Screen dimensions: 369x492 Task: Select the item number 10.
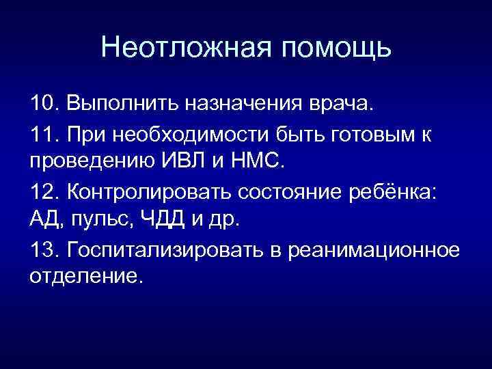tap(42, 105)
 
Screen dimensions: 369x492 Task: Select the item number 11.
tap(42, 135)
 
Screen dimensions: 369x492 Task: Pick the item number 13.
tap(42, 250)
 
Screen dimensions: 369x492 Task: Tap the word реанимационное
tap(374, 251)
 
